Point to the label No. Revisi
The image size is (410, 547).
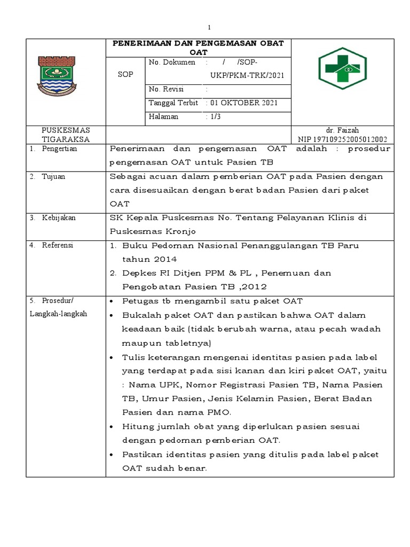167,89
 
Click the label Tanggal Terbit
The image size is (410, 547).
174,103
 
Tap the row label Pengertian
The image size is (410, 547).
59,149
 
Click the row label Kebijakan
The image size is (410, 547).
59,217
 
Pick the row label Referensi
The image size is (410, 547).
58,245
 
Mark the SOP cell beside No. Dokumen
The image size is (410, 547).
125,75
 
